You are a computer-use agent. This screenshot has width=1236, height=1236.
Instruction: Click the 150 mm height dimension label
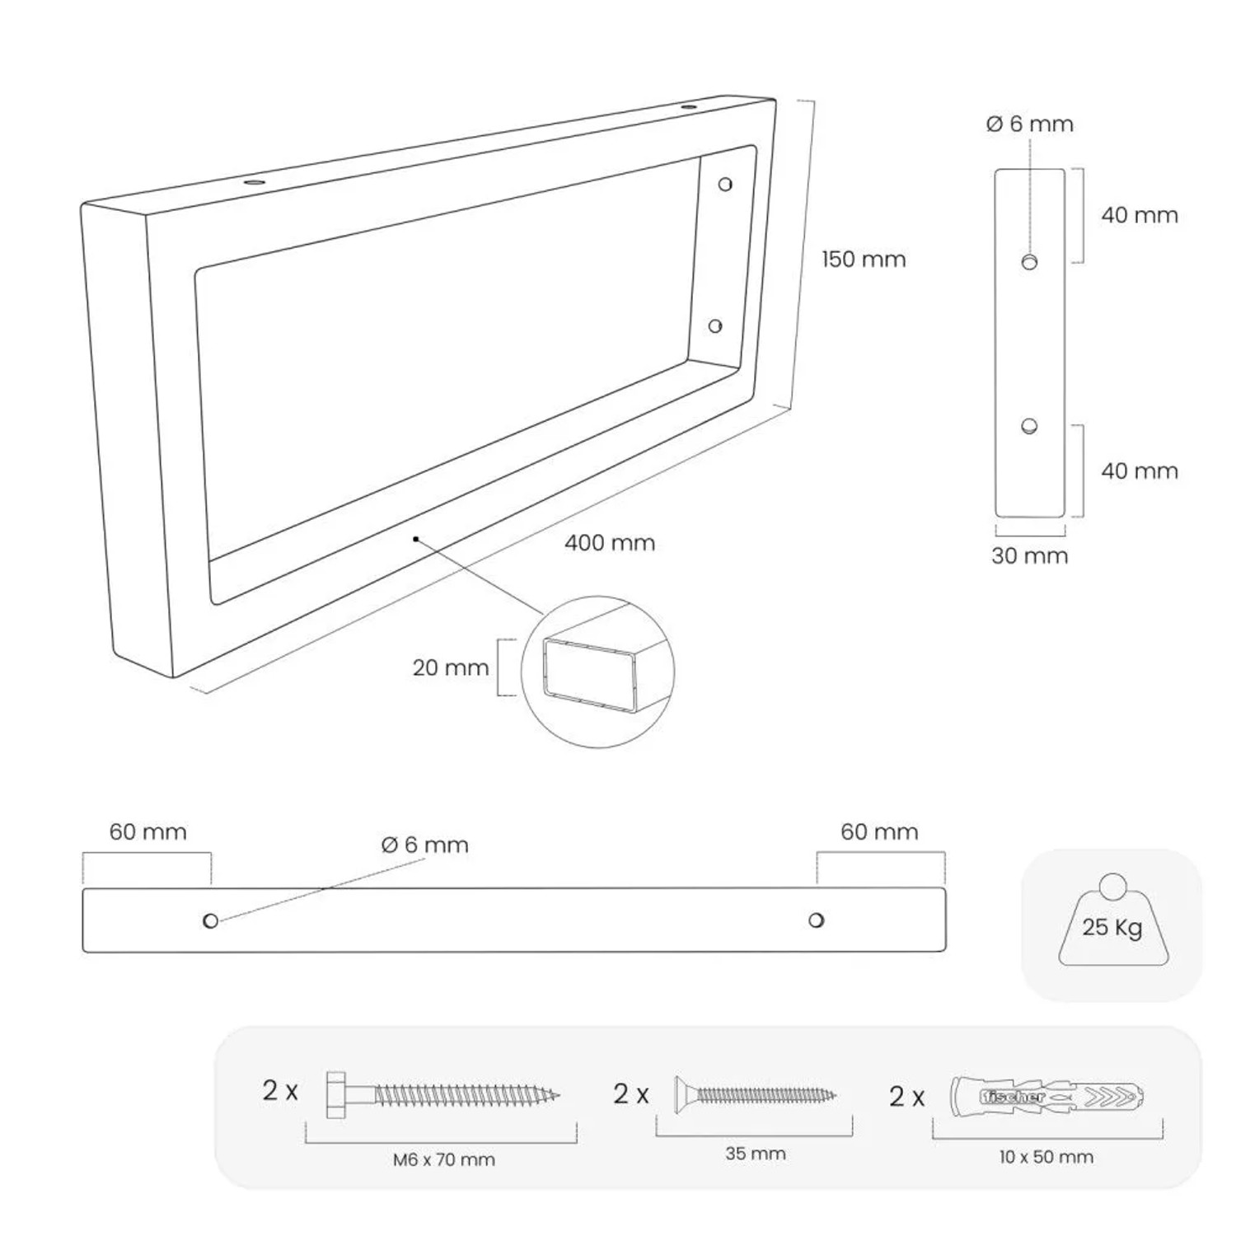pyautogui.click(x=864, y=260)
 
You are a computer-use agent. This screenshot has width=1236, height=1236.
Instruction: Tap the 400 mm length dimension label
pyautogui.click(x=610, y=543)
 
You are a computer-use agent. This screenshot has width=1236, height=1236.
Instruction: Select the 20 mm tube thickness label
pyautogui.click(x=451, y=667)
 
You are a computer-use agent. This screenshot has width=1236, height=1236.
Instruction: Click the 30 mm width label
pyautogui.click(x=1030, y=555)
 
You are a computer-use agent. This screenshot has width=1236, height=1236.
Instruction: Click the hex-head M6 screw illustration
pyautogui.click(x=443, y=1095)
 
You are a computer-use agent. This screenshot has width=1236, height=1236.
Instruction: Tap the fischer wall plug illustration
pyautogui.click(x=1047, y=1096)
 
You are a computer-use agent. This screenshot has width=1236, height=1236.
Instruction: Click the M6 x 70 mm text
pyautogui.click(x=444, y=1160)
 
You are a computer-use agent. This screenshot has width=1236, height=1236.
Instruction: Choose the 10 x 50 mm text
pyautogui.click(x=1046, y=1157)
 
